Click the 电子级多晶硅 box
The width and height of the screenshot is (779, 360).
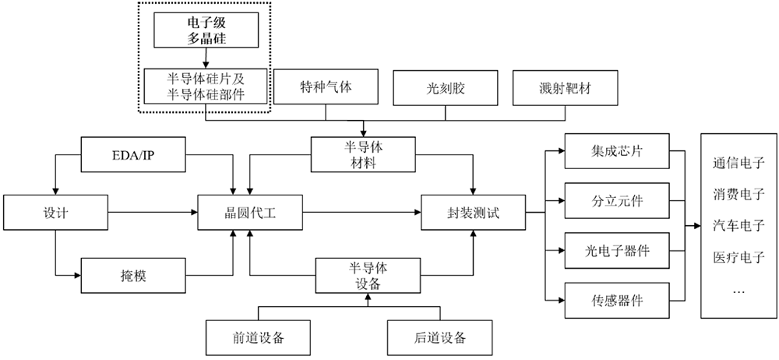coord(206,28)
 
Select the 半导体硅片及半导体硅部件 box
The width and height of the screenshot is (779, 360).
coord(206,87)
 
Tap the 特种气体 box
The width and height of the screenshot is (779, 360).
coord(326,87)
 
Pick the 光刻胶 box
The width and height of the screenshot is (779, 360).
coord(445,89)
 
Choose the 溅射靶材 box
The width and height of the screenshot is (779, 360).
coord(563,89)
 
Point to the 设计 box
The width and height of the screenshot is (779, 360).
coord(55,213)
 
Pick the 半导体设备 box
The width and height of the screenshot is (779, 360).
coord(364,274)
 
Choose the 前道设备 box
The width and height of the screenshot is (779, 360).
coord(257,337)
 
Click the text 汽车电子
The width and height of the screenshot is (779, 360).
coord(739,224)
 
